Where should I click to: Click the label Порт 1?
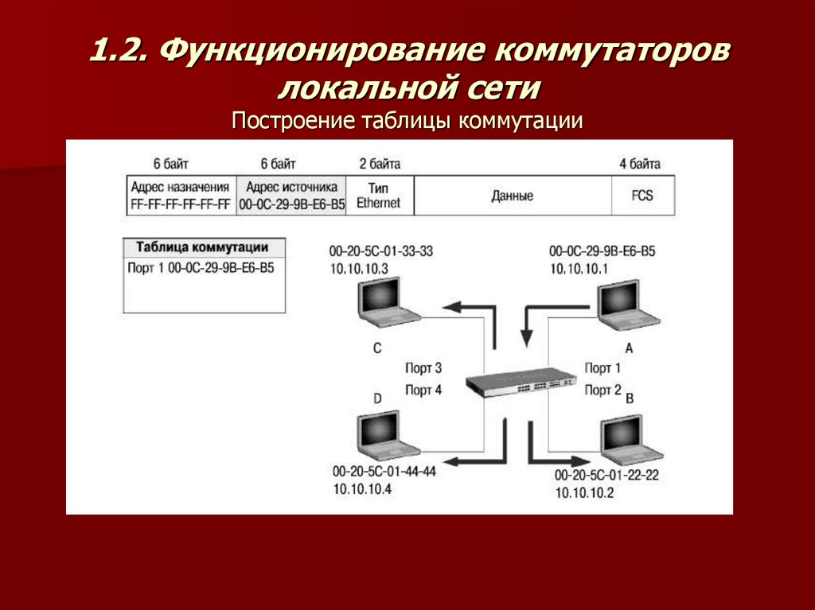pyautogui.click(x=602, y=368)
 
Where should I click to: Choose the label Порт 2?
pyautogui.click(x=602, y=390)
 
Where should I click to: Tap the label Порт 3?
pyautogui.click(x=423, y=368)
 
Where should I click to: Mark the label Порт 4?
pyautogui.click(x=423, y=390)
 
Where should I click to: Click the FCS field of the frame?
pyautogui.click(x=642, y=196)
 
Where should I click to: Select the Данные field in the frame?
pyautogui.click(x=512, y=196)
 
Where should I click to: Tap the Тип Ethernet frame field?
pyautogui.click(x=378, y=196)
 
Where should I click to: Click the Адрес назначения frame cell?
pyautogui.click(x=180, y=196)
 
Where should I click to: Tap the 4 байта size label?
pyautogui.click(x=640, y=165)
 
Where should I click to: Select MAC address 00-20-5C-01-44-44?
pyautogui.click(x=385, y=472)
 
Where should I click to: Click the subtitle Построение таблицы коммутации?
pyautogui.click(x=407, y=121)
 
